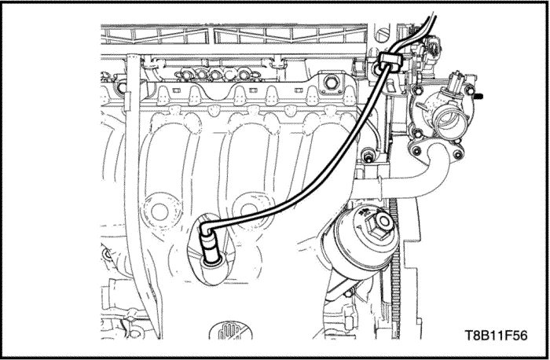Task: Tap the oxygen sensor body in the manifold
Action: (211, 250)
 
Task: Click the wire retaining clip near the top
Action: (387, 62)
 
